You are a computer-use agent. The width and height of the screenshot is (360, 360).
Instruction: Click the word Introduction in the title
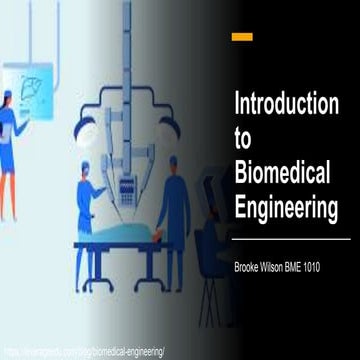(284, 103)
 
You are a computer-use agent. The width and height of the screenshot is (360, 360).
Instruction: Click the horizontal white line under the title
(290, 240)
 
